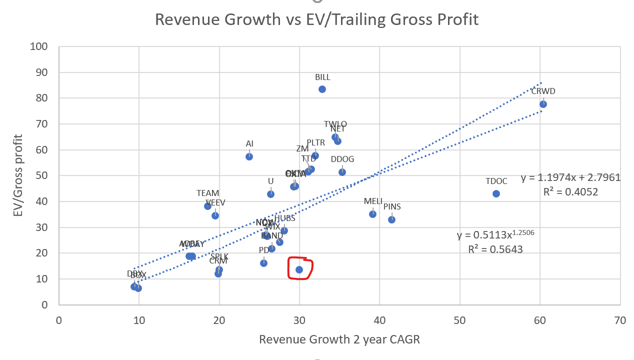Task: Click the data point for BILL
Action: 322,89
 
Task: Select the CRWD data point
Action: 543,104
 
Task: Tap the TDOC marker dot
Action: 496,193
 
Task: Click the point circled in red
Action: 299,269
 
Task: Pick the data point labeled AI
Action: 249,156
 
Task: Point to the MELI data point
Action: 372,214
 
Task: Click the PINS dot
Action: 391,219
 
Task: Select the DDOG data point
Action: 342,172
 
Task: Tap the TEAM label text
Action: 207,193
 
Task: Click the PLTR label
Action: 315,142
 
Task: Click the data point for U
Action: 270,194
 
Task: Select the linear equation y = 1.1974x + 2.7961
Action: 570,177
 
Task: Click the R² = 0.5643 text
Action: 495,249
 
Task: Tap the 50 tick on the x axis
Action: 460,320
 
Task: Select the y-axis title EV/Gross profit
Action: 18,175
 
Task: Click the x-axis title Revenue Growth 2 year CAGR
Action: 339,339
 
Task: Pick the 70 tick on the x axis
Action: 620,320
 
